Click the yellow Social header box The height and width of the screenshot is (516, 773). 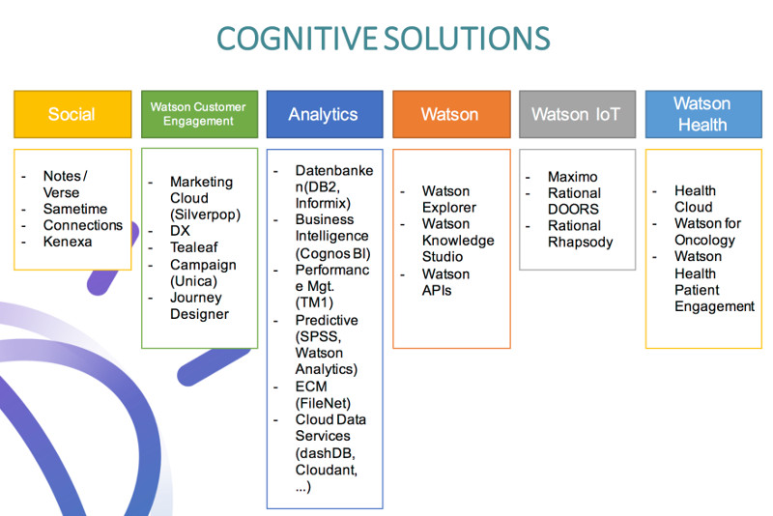click(x=72, y=114)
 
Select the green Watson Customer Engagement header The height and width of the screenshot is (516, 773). click(x=199, y=114)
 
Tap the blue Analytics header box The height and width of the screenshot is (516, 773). click(x=325, y=114)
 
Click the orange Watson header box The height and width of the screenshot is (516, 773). click(x=451, y=114)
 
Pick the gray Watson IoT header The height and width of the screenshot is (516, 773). click(x=577, y=114)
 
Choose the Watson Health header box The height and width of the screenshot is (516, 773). click(x=703, y=114)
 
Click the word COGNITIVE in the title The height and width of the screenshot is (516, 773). click(x=298, y=39)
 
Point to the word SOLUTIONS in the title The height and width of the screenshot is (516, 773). click(x=467, y=39)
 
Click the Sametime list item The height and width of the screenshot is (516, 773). click(x=75, y=209)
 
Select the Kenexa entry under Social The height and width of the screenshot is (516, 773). click(x=68, y=242)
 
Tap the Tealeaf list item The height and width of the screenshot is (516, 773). click(x=194, y=247)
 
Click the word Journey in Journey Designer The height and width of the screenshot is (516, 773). click(x=196, y=299)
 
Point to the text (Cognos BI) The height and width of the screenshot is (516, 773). click(x=332, y=253)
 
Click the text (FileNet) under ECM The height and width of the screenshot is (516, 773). click(x=323, y=403)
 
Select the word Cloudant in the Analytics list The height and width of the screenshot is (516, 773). click(x=327, y=470)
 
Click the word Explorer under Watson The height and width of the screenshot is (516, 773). click(x=449, y=208)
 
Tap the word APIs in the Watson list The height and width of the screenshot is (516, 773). click(x=437, y=290)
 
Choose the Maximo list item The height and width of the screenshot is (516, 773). click(x=573, y=177)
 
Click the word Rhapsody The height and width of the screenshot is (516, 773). click(x=581, y=243)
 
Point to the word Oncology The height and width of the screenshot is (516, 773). click(x=705, y=240)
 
